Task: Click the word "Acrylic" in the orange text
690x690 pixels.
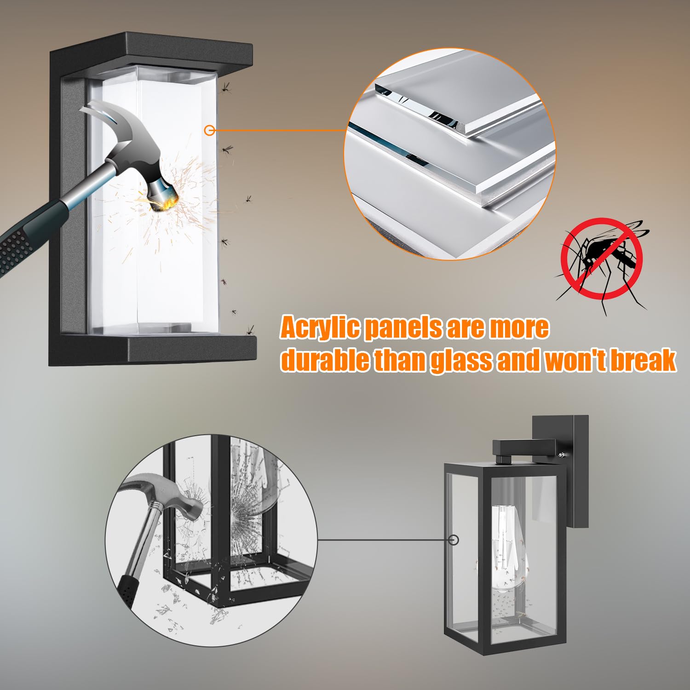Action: click(x=320, y=328)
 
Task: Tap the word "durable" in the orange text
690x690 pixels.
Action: click(x=325, y=360)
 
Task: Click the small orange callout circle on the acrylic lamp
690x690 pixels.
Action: click(x=210, y=130)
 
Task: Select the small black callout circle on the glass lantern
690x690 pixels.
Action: click(x=454, y=540)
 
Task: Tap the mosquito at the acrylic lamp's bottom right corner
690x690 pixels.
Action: click(x=250, y=330)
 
